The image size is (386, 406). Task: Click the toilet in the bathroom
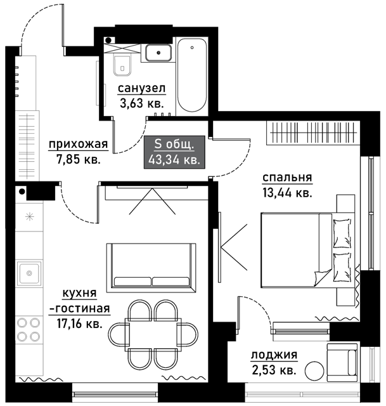point(122,65)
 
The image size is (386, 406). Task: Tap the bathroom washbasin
point(158,53)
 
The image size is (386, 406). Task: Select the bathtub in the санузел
point(192,75)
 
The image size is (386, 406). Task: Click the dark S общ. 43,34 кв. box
point(175,152)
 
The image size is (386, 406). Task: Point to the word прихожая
point(78,144)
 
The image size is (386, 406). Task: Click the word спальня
point(287,178)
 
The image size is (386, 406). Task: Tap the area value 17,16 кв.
point(79,324)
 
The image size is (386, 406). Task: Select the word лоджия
point(274,355)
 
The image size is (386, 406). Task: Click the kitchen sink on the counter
point(29,273)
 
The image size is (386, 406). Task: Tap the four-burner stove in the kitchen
point(29,329)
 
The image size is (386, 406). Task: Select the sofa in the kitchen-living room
point(151,267)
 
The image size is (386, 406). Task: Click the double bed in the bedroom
point(308,250)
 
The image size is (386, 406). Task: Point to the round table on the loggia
point(314,370)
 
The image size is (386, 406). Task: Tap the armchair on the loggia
point(342,362)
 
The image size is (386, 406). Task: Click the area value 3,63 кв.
point(142,103)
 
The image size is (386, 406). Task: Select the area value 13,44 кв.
point(287,193)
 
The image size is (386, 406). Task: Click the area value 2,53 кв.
point(274,370)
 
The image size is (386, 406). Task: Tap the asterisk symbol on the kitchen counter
point(30,216)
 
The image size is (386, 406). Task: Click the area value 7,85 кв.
point(78,159)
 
